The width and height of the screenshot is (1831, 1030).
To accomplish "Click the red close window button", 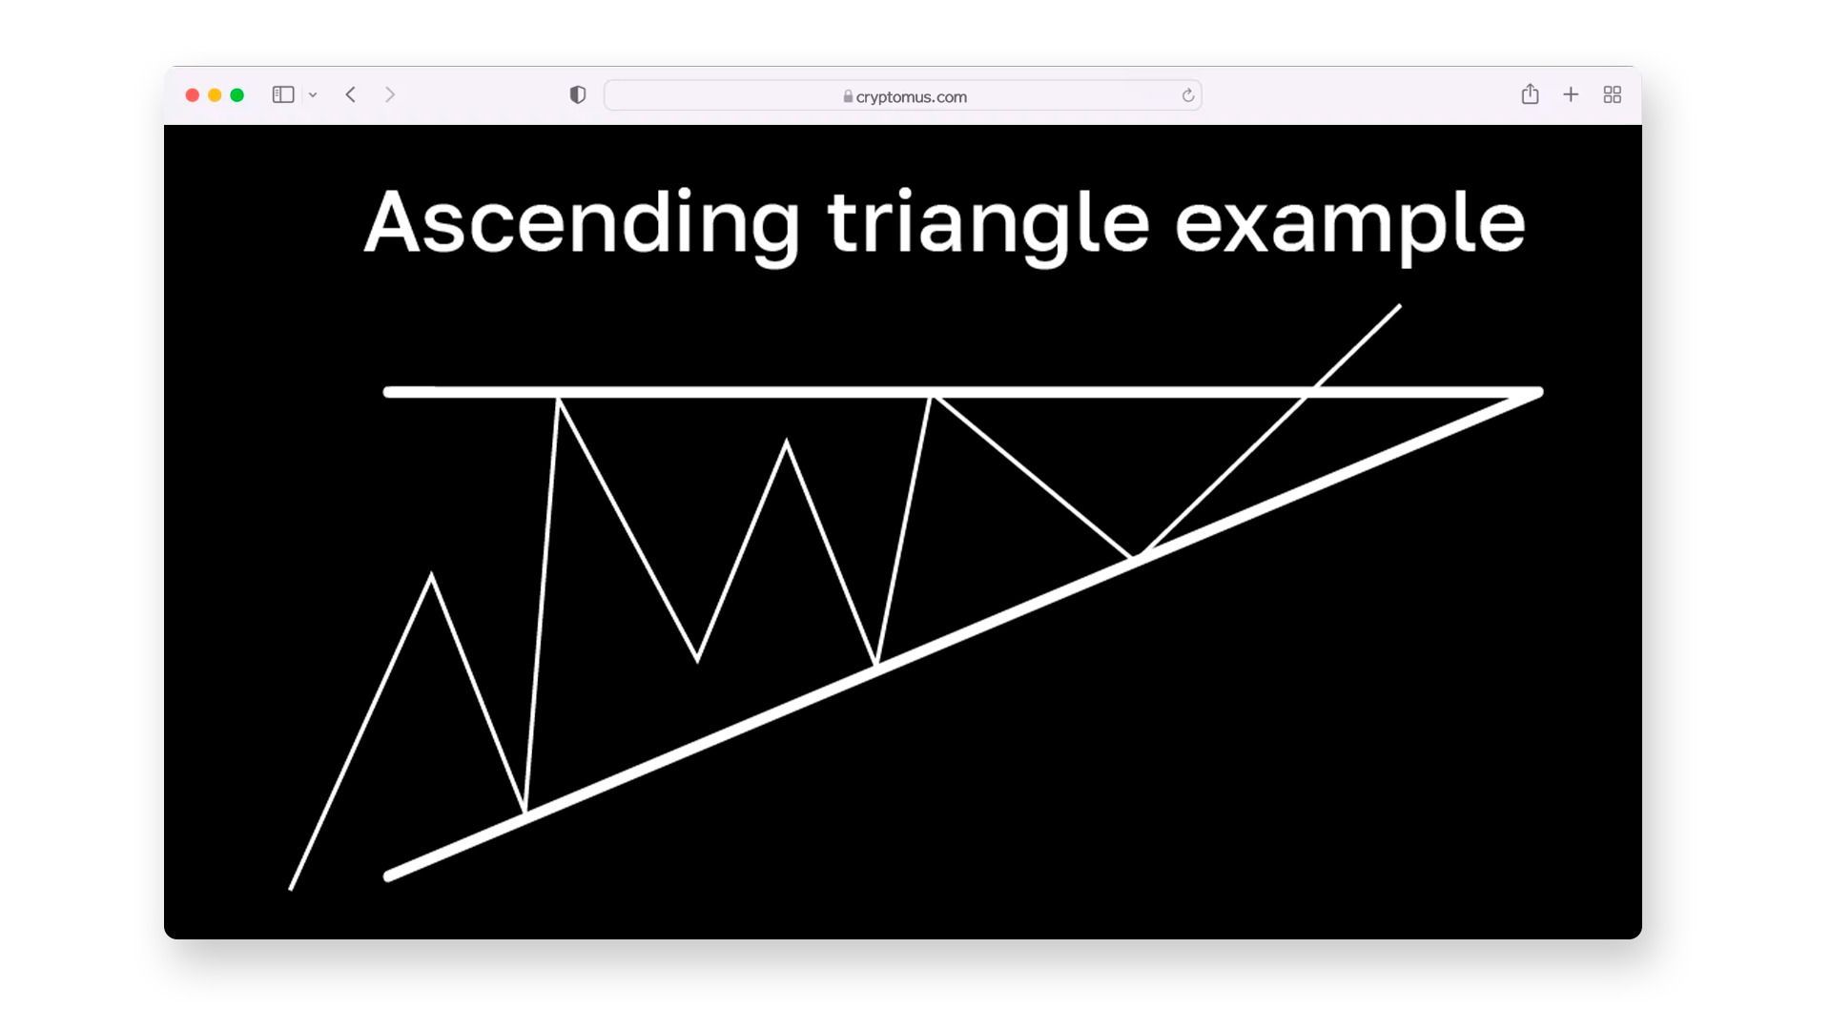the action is (192, 95).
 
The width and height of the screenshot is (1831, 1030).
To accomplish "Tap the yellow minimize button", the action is (215, 95).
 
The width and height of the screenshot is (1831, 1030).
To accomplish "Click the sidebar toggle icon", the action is (283, 94).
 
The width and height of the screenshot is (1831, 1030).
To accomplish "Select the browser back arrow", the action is (351, 94).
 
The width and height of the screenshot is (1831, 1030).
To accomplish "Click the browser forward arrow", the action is (390, 94).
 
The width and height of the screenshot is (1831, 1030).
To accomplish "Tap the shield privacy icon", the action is (578, 94).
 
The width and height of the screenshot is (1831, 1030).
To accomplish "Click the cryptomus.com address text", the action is (912, 96).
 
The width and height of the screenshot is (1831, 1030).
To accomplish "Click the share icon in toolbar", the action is (1530, 93).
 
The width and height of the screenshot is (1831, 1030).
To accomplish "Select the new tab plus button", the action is (1571, 94).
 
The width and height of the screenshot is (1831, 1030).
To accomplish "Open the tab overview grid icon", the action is (1613, 94).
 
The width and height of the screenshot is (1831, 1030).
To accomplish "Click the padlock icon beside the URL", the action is (848, 96).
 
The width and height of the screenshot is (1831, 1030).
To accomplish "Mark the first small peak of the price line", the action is (431, 574).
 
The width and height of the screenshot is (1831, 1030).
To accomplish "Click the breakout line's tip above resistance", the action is (1400, 305).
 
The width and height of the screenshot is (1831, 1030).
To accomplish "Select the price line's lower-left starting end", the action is (291, 890).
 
